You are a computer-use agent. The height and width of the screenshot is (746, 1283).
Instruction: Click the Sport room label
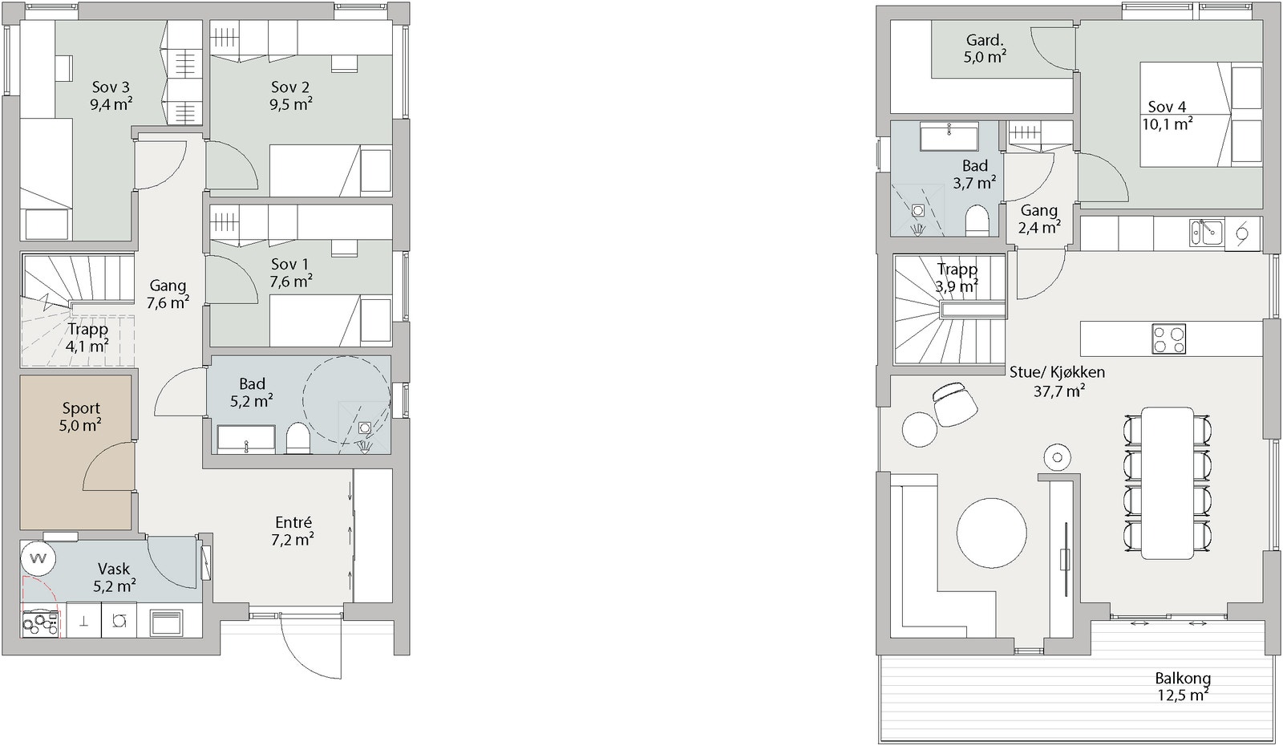[x=81, y=408]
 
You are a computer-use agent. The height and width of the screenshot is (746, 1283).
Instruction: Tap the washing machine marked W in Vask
[x=38, y=558]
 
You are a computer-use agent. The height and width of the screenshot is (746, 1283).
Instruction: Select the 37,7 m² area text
[x=1059, y=391]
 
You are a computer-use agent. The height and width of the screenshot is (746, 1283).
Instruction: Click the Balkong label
[x=1183, y=679]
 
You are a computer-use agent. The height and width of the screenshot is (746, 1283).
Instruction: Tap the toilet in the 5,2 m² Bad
[x=297, y=438]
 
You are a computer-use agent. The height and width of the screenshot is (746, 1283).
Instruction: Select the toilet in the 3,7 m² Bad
[x=977, y=221]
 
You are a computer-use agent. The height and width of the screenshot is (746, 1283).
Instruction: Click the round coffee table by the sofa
[x=991, y=533]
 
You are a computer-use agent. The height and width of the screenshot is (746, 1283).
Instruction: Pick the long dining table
[x=1168, y=483]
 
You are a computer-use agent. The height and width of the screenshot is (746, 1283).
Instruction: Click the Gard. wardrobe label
[x=986, y=40]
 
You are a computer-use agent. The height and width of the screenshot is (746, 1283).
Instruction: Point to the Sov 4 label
[x=1167, y=107]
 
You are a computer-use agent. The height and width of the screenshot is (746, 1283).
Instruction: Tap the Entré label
[x=293, y=522]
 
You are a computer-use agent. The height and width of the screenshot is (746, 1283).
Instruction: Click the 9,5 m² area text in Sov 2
[x=291, y=104]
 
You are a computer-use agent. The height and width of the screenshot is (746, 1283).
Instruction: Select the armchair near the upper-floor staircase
[x=954, y=404]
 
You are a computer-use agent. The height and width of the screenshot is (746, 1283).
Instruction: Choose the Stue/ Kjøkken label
[x=1058, y=372]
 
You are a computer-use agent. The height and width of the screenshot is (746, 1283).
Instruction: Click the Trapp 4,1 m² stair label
[x=87, y=338]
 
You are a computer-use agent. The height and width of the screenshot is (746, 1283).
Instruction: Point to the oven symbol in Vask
[x=167, y=621]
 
